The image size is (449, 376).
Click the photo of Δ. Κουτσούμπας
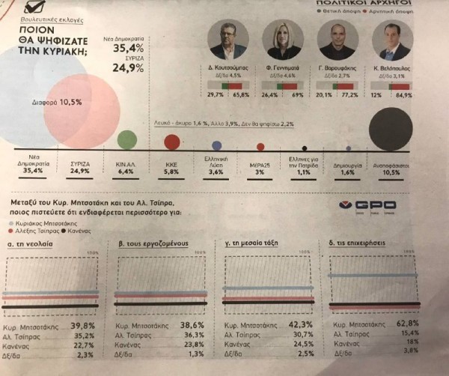tap(227, 40)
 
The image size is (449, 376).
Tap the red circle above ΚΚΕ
tap(172, 142)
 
